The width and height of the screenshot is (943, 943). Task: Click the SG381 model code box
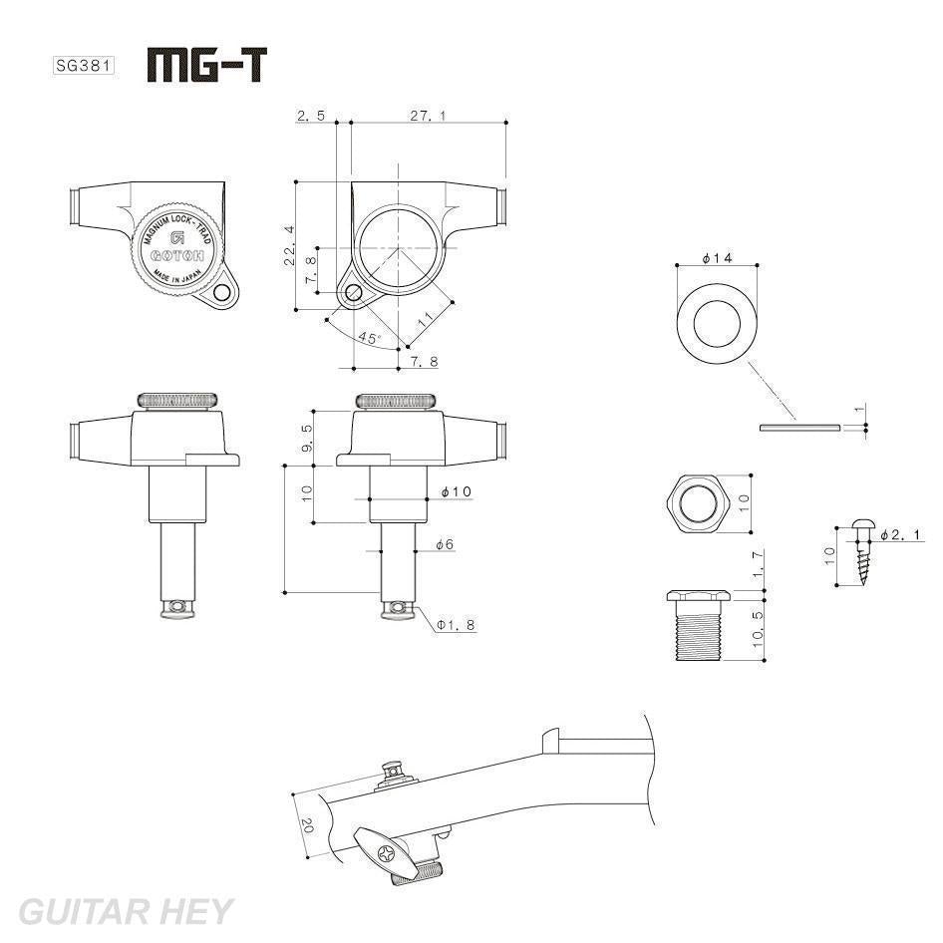point(83,67)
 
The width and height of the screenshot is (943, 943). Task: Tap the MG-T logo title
point(207,65)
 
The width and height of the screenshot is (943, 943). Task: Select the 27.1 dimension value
point(428,116)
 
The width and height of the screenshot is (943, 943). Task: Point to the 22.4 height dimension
point(289,245)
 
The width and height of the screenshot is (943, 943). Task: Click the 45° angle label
point(369,339)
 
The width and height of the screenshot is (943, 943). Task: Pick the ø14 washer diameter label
point(717,258)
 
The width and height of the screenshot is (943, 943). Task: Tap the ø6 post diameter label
point(445,544)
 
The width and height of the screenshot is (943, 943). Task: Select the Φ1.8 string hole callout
point(456,625)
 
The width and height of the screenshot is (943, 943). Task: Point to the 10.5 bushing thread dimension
point(758,629)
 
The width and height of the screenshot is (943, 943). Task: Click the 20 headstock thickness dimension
point(307,825)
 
